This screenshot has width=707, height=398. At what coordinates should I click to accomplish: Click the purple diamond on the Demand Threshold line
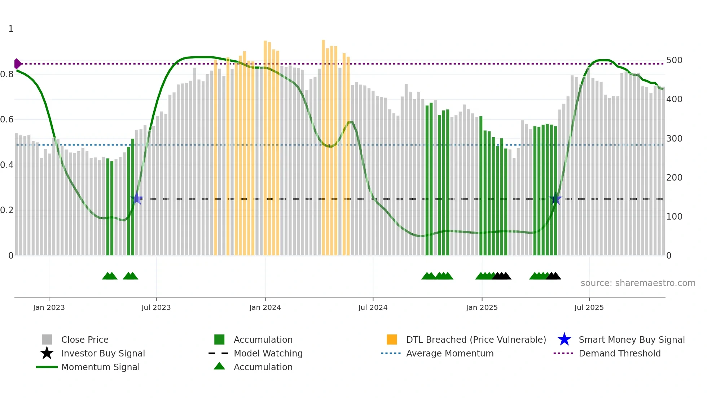pyautogui.click(x=17, y=64)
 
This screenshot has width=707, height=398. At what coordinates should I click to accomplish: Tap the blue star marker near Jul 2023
pyautogui.click(x=137, y=199)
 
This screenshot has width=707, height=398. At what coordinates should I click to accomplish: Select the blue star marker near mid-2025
pyautogui.click(x=555, y=199)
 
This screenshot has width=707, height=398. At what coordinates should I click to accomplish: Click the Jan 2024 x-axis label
pyautogui.click(x=265, y=308)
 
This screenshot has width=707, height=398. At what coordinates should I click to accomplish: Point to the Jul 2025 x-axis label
pyautogui.click(x=589, y=308)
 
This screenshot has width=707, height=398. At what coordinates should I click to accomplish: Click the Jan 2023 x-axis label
pyautogui.click(x=49, y=308)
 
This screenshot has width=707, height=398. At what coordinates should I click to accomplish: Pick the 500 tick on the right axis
pyautogui.click(x=674, y=60)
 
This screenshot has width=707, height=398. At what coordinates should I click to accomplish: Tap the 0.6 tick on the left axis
pyautogui.click(x=7, y=120)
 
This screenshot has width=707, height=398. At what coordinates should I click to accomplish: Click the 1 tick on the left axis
pyautogui.click(x=11, y=29)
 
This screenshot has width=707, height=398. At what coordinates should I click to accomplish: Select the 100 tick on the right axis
pyautogui.click(x=674, y=217)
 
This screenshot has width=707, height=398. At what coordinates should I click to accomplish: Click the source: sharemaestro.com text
pyautogui.click(x=638, y=283)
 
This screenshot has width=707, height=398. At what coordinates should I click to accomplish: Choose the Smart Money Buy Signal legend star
pyautogui.click(x=564, y=339)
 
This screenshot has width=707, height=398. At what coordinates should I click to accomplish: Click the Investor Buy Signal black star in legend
pyautogui.click(x=47, y=353)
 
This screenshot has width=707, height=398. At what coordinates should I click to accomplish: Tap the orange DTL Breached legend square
pyautogui.click(x=392, y=339)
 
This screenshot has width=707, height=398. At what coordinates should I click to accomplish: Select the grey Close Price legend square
pyautogui.click(x=47, y=339)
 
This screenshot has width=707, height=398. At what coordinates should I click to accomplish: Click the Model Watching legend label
pyautogui.click(x=268, y=353)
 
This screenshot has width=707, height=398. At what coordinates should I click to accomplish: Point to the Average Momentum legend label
pyautogui.click(x=450, y=353)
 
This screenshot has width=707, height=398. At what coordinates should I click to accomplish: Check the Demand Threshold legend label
pyautogui.click(x=619, y=353)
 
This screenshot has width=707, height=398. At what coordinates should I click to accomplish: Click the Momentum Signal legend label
pyautogui.click(x=100, y=367)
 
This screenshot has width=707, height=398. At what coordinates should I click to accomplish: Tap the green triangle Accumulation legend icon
pyautogui.click(x=219, y=366)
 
